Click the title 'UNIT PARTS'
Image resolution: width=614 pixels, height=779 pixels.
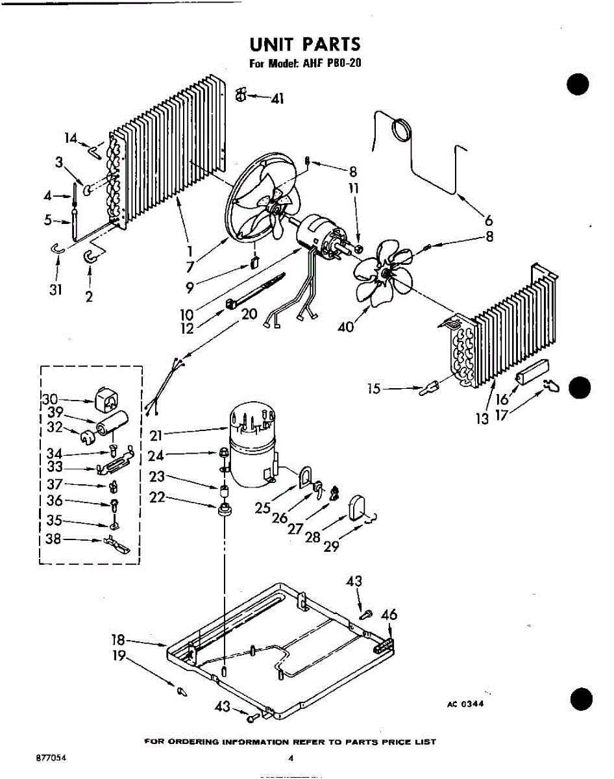pos(304,45)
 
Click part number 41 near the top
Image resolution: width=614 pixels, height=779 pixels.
pos(278,99)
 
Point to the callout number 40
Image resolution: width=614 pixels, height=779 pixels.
pos(346,327)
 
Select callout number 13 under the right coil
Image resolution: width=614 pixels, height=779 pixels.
pos(482,419)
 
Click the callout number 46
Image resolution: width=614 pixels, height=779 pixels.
pos(389,614)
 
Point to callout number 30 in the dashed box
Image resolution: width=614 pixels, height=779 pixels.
pos(51,399)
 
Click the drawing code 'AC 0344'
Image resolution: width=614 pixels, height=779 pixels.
pos(465,705)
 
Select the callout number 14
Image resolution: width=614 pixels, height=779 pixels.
pos(71,138)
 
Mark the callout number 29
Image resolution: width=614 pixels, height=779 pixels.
pos(331,546)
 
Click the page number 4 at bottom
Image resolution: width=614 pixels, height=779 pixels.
pos(291,758)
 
